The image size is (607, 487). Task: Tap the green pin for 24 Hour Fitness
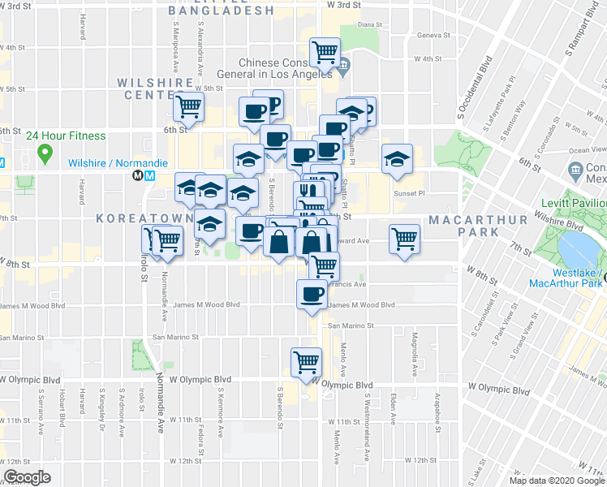click(x=45, y=152)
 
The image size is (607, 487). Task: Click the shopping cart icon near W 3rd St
click(x=325, y=52)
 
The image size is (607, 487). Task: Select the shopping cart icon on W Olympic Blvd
click(x=306, y=362)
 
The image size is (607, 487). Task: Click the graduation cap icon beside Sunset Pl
click(x=397, y=159)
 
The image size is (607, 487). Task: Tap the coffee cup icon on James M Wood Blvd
click(x=312, y=294)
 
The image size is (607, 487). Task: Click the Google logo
click(x=27, y=477)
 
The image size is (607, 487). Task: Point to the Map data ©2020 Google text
click(x=557, y=481)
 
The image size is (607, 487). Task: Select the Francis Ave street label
click(x=349, y=285)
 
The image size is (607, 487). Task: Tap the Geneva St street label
click(x=433, y=36)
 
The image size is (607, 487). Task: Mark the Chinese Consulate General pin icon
click(x=343, y=64)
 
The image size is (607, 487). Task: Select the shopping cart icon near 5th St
click(x=188, y=105)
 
